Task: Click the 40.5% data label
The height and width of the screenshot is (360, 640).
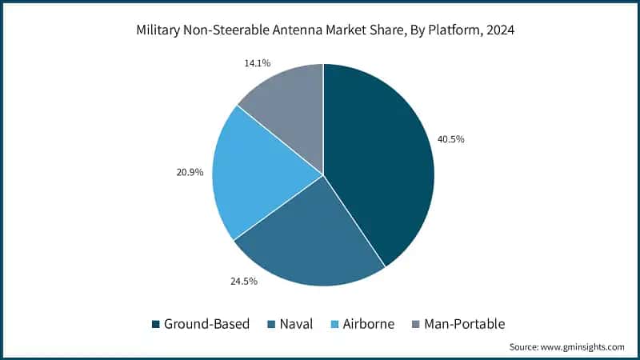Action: [450, 139]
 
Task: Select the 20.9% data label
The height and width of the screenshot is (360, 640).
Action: [190, 172]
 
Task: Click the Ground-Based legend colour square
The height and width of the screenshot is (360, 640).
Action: [155, 324]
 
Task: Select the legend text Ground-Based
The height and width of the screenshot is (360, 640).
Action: [206, 324]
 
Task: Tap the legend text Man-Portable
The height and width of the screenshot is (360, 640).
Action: [466, 324]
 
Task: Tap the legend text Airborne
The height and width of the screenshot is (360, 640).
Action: [370, 324]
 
